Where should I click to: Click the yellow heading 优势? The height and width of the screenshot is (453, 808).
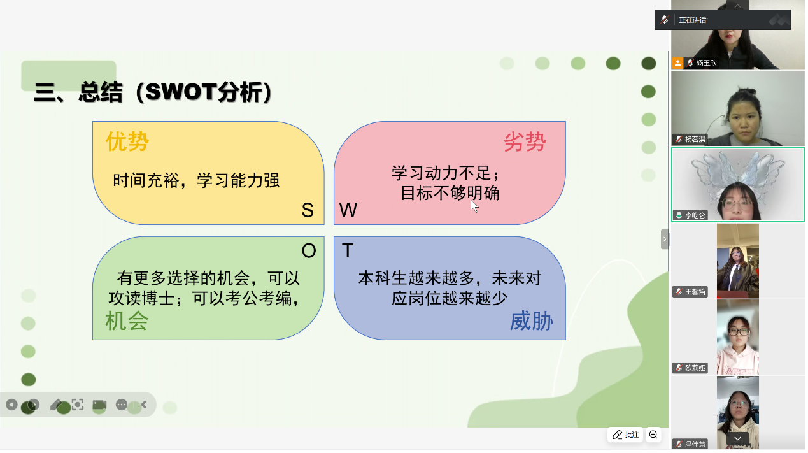[127, 141]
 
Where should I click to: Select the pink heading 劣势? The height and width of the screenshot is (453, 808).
[525, 141]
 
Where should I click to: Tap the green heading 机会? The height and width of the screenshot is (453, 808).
[127, 320]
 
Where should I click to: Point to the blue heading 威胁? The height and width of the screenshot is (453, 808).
[531, 321]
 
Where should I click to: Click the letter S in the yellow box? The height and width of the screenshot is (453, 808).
[308, 210]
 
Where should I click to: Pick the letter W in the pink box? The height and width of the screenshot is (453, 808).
[348, 210]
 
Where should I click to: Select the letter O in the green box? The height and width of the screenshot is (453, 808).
[309, 250]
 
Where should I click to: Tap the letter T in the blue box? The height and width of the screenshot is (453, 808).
[348, 250]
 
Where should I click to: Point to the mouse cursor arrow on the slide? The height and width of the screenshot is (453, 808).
[474, 206]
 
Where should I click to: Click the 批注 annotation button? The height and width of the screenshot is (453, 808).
[626, 435]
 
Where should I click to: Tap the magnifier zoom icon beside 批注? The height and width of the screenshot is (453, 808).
[653, 435]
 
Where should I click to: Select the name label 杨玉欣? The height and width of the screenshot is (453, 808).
[706, 63]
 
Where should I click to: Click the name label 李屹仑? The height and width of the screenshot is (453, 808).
[695, 215]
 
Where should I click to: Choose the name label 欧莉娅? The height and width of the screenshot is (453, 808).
[695, 368]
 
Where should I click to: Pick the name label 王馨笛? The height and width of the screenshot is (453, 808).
[695, 292]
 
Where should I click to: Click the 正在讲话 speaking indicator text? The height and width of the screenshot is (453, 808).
[693, 20]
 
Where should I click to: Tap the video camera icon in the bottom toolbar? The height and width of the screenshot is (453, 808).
[99, 405]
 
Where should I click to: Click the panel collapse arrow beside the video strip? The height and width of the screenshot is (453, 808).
[665, 239]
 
